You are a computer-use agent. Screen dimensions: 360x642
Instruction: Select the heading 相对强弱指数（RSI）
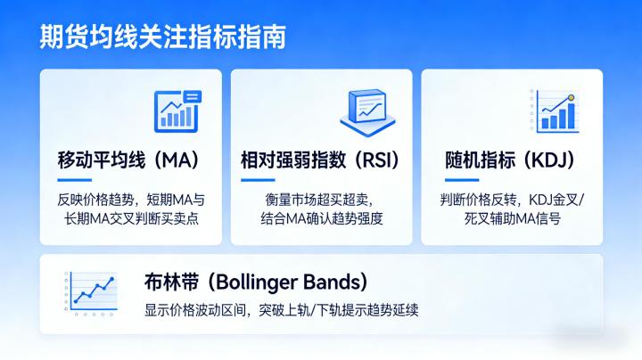pos(320,161)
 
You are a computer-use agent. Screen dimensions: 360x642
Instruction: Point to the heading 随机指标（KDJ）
pos(509,161)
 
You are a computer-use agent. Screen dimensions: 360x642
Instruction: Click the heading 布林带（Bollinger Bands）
pos(255,283)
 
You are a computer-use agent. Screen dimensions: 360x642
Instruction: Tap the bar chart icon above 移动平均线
pos(177,110)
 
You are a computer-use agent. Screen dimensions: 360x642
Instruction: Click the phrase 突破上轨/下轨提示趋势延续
pos(339,311)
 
